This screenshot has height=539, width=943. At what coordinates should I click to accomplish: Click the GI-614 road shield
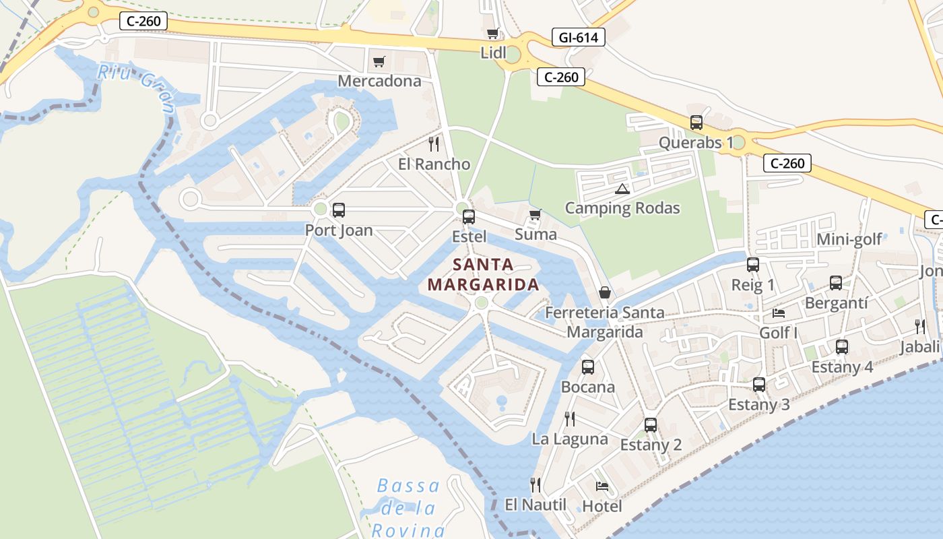tap(578, 37)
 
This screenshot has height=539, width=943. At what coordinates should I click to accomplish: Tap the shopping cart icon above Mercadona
tap(379, 62)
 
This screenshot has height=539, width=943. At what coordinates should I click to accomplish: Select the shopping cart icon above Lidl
tap(493, 33)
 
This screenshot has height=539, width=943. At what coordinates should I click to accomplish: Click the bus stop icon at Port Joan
tap(339, 210)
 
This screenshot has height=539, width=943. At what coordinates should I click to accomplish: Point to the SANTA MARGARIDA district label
tap(483, 274)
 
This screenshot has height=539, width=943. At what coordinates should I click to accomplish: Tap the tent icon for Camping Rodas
tap(622, 189)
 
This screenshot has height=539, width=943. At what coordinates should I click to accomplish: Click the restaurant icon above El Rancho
tap(434, 144)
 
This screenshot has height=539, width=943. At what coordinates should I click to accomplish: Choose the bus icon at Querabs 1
tap(696, 123)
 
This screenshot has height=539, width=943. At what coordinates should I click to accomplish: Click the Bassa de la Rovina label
tap(408, 507)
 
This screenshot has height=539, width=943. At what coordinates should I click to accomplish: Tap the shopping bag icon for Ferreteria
tap(605, 293)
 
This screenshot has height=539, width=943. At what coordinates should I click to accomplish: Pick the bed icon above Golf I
tap(779, 313)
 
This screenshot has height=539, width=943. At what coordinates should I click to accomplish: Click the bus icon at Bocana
tap(588, 367)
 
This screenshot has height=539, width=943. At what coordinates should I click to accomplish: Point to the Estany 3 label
tap(759, 404)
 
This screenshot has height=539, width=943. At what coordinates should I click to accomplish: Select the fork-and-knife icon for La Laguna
tap(570, 419)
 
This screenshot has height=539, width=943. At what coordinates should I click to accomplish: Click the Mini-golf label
tap(849, 240)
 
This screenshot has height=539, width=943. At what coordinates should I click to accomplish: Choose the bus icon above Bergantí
tap(836, 283)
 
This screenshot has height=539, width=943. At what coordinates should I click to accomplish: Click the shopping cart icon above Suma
tap(535, 215)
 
